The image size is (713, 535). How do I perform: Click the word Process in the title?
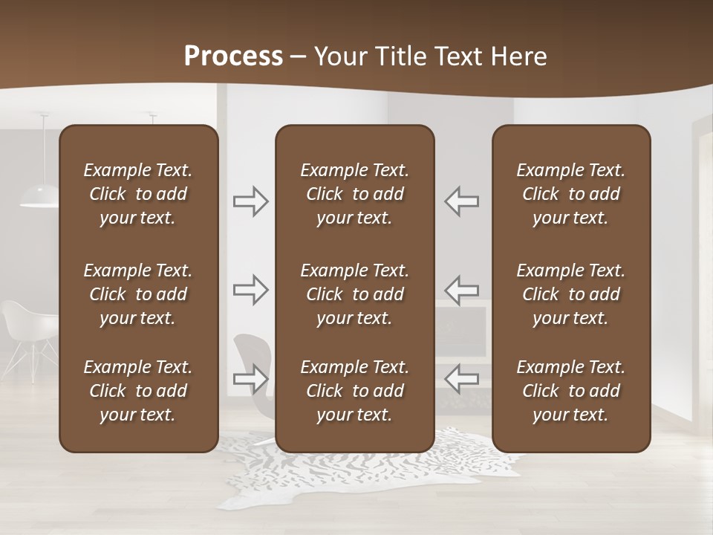tap(233, 56)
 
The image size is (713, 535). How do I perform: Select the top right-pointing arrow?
tap(251, 201)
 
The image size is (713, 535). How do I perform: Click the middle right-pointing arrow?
tap(251, 290)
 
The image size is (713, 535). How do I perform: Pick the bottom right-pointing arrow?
tap(251, 379)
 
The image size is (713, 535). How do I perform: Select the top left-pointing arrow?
tap(461, 201)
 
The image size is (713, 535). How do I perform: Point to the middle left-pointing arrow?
tap(461, 290)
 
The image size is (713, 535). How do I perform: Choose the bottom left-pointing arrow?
tap(461, 379)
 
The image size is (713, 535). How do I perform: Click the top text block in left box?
tap(138, 194)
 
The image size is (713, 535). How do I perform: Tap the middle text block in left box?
tap(138, 294)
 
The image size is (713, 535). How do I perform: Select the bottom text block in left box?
tap(138, 391)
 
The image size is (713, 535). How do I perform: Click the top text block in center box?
tap(354, 194)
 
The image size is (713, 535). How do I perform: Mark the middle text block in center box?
tap(354, 294)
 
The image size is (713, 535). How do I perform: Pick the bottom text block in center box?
tap(354, 391)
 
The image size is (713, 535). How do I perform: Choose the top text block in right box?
tap(570, 194)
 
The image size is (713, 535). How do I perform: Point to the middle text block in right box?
tap(570, 294)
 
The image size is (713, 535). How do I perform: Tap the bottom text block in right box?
tap(570, 391)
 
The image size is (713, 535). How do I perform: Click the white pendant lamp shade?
tap(39, 197)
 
